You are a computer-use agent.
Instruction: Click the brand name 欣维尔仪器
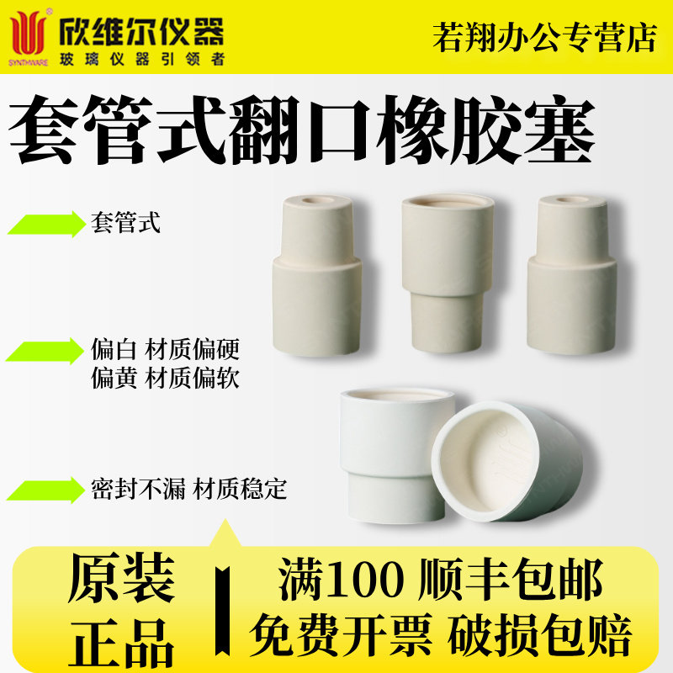point(143,31)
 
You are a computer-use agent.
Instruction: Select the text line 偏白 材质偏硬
point(165,348)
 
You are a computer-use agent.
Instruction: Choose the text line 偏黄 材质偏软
point(165,379)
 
